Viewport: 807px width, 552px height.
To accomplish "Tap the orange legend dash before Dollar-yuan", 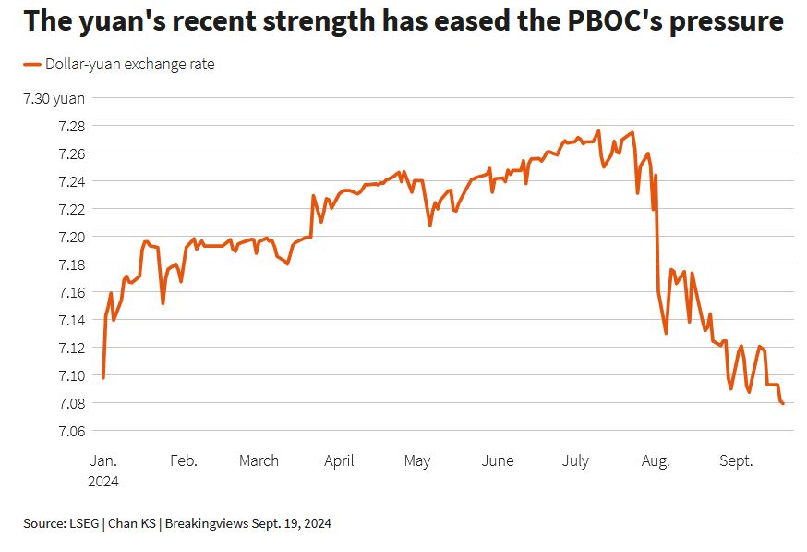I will point(32,65).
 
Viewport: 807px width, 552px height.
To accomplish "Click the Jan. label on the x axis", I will point(103,460).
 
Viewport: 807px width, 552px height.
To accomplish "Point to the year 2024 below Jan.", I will point(103,481).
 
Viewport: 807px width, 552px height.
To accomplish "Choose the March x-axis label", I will point(259,460).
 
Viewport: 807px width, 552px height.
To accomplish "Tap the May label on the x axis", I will point(416,460).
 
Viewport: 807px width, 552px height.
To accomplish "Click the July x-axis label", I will point(575,460).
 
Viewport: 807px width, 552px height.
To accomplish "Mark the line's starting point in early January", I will point(102,377).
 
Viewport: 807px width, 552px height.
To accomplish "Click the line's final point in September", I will point(783,403).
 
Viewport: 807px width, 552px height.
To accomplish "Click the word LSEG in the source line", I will point(86,523).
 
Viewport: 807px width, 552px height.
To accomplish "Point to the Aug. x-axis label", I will point(656,460).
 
